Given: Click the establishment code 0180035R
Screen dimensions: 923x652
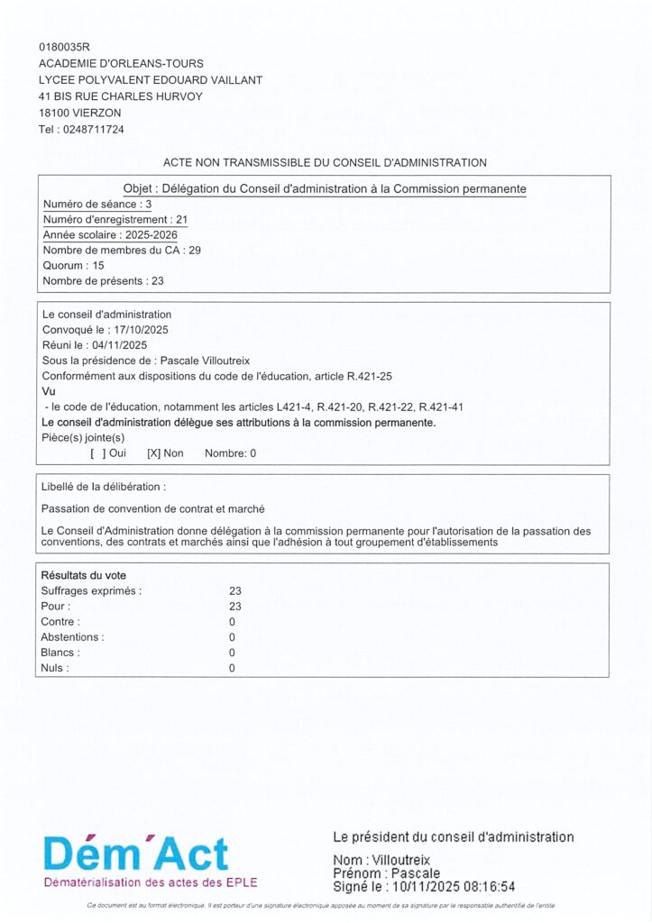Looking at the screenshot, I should point(65,47).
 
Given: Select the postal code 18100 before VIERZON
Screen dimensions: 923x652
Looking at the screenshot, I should point(55,113).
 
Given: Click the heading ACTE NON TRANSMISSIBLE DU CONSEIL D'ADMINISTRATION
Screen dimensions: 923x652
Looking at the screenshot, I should point(325,163).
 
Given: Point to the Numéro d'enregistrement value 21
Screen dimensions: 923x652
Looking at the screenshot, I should point(181,220).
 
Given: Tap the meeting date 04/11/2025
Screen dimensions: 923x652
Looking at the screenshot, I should point(119,345).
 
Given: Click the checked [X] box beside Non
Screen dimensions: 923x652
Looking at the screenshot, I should point(153,454).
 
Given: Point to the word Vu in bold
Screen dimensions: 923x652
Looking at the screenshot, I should point(49,391).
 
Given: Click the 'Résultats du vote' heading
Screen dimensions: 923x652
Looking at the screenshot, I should point(84,575).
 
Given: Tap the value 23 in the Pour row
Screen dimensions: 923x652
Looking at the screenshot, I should point(235,607).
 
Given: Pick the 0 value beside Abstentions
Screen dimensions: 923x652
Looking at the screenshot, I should point(232,637).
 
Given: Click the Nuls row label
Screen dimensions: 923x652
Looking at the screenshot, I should point(55,668).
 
